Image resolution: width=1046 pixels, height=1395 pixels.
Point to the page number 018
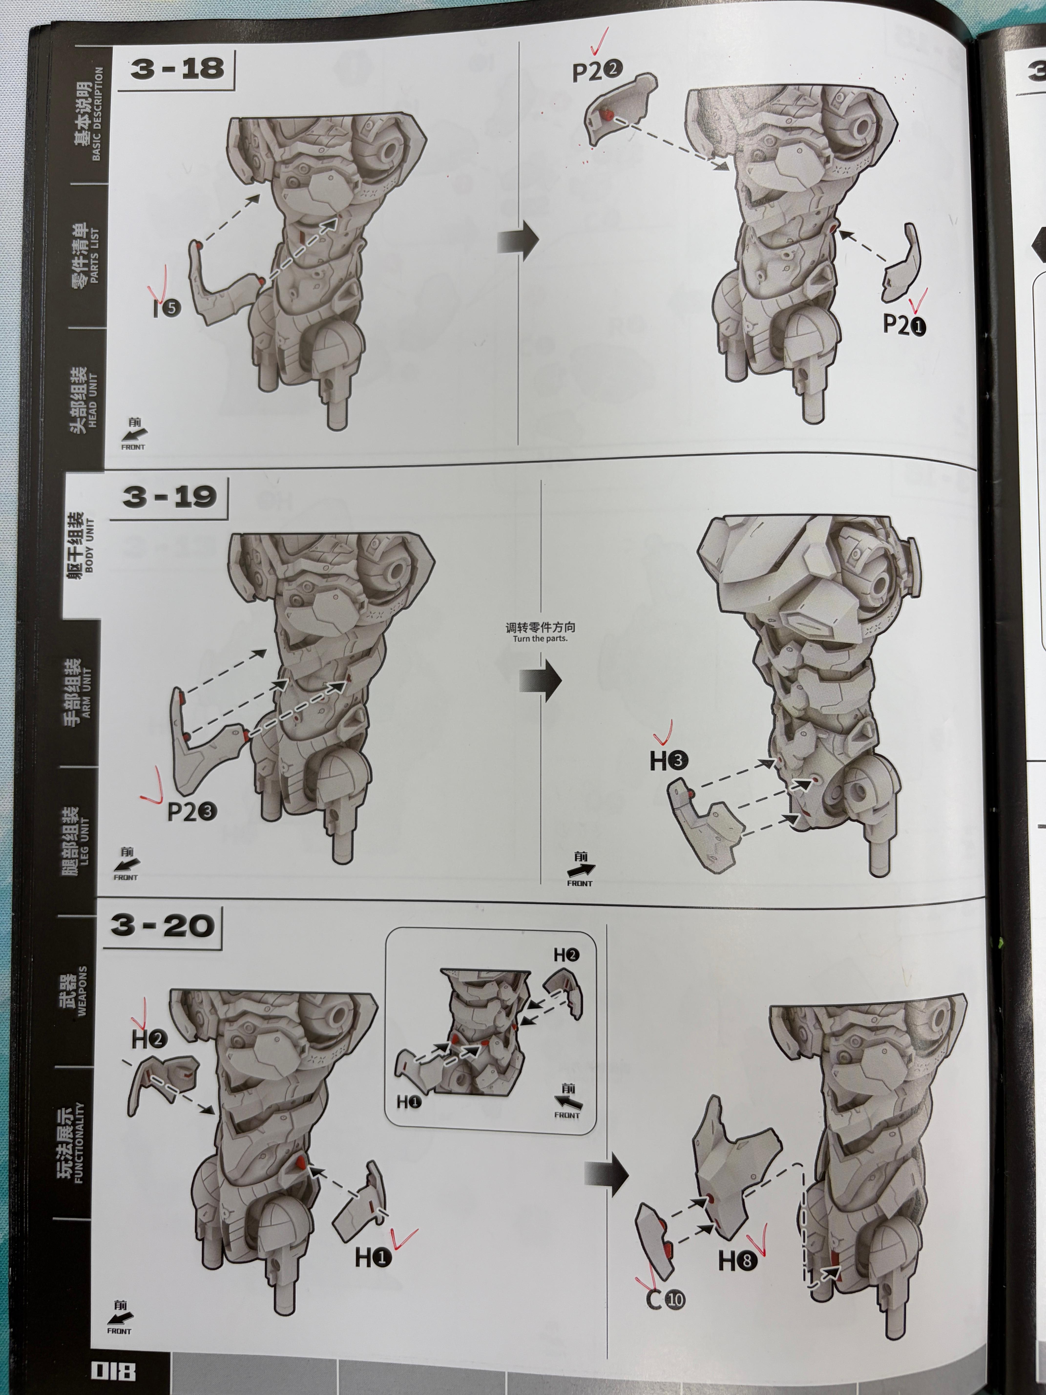click(114, 1370)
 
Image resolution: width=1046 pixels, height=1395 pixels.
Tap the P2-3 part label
click(192, 812)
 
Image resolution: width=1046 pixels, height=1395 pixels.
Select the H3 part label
click(669, 761)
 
